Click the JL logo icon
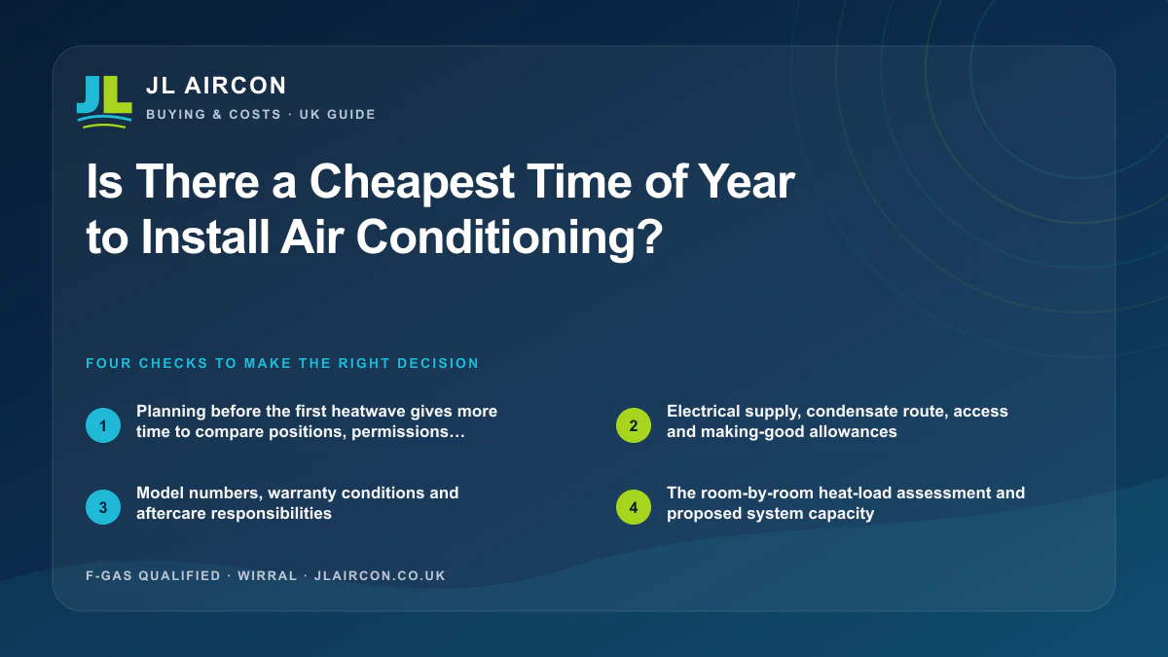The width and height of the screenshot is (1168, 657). pos(104,101)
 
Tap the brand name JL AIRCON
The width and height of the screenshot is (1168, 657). pos(216,86)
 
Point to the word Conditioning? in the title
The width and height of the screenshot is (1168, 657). pos(509,237)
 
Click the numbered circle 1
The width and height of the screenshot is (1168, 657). pos(103,425)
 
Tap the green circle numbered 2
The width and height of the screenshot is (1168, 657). pos(633,425)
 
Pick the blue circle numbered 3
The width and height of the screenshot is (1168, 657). pos(103,507)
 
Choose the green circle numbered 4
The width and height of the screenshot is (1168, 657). pos(633,507)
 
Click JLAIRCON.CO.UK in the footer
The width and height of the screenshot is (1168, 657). pos(380,575)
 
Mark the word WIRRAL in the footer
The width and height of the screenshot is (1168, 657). pos(268,575)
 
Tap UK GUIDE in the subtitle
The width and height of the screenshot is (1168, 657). pos(338,114)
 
